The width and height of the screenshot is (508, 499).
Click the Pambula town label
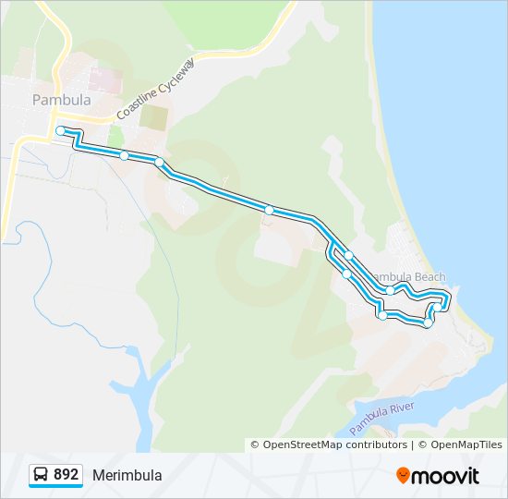click(x=62, y=100)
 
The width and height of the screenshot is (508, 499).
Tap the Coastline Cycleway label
click(x=156, y=89)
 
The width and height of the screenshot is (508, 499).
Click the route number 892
click(x=66, y=474)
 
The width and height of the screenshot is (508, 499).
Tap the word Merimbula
click(x=127, y=475)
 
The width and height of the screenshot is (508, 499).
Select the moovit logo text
click(x=447, y=475)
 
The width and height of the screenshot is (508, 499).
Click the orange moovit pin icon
click(x=404, y=475)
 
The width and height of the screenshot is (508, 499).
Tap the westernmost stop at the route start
click(x=60, y=131)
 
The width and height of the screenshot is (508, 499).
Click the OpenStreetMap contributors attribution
click(x=335, y=444)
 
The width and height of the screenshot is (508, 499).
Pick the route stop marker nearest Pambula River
click(x=428, y=323)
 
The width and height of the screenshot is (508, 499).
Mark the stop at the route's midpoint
click(x=269, y=211)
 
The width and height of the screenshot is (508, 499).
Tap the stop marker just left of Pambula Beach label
click(x=349, y=256)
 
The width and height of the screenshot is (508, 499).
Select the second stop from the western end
click(x=124, y=155)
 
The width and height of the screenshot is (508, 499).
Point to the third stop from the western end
click(x=160, y=163)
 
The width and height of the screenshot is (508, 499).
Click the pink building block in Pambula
click(x=109, y=79)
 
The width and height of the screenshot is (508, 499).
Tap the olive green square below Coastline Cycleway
click(x=155, y=118)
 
